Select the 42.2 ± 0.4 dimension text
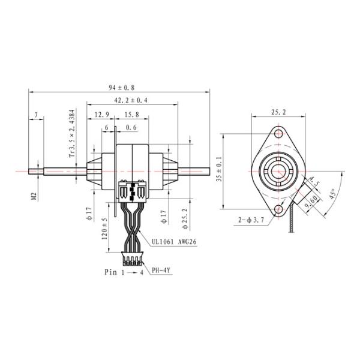click(131, 100)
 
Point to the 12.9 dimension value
click(101, 115)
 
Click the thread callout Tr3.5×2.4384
click(72, 134)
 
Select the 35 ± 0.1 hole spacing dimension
click(220, 169)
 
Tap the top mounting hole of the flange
click(279, 134)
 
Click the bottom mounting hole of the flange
click(279, 208)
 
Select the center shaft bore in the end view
click(279, 171)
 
